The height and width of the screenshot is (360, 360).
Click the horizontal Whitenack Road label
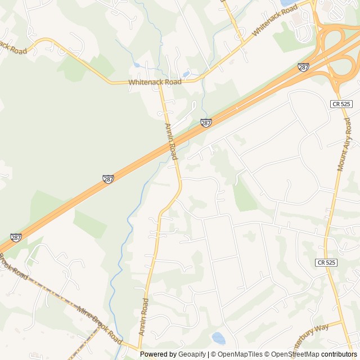155,82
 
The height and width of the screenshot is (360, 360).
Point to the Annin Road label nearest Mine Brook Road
144,317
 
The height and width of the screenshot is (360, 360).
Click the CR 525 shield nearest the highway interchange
342,104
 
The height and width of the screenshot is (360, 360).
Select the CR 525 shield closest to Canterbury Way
326,263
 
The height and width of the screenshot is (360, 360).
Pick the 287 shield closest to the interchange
304,67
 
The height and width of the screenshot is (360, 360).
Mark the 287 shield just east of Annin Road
206,123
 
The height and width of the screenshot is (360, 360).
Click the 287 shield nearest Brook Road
16,238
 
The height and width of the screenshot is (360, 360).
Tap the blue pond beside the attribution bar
218,338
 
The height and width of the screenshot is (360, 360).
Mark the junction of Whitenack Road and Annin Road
160,83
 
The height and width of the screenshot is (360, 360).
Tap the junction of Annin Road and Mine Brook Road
139,348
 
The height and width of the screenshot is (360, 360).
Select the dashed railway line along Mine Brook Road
53,287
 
